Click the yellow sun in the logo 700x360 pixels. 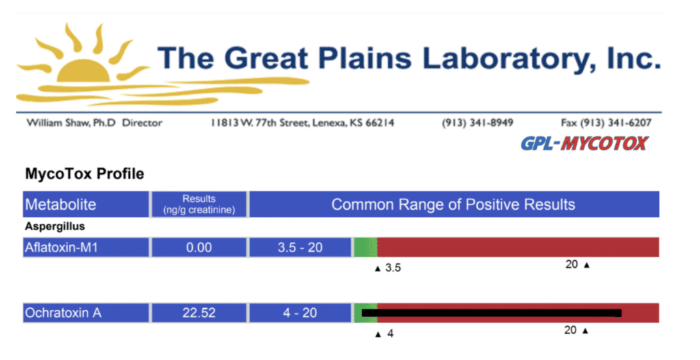tap(83, 70)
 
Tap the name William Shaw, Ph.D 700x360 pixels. tap(71, 123)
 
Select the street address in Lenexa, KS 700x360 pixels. tap(302, 123)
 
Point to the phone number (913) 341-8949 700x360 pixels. tap(477, 123)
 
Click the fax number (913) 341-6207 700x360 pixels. tap(606, 123)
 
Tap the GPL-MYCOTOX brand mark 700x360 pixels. tap(584, 143)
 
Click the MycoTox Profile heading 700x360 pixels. tap(84, 174)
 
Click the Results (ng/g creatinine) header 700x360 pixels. tap(199, 204)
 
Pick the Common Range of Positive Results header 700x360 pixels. tap(454, 204)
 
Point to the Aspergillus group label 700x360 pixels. tap(55, 227)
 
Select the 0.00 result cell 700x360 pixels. tap(199, 247)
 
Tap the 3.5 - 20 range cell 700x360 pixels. tap(300, 247)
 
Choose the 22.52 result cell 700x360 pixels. tap(199, 313)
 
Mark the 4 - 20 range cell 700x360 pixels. tap(300, 313)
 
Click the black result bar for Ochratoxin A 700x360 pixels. tap(492, 313)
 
